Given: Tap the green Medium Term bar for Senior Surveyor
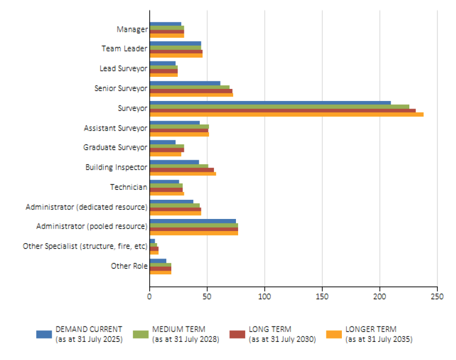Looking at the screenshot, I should pos(189,87).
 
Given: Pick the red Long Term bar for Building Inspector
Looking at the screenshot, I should pos(182,170).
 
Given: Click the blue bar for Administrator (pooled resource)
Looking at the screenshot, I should pos(193,221).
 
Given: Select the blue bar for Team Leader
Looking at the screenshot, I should pos(175,43).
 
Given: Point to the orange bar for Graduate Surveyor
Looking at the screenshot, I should pos(165,154).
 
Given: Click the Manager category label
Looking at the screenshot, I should pos(132,29).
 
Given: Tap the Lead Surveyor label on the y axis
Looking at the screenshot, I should pos(123,69).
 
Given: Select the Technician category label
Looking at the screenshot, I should pos(128,187).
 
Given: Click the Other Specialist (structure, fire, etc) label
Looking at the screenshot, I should pos(85,246).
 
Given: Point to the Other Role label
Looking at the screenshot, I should pos(129,266).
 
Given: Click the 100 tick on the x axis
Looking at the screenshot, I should pos(264,297).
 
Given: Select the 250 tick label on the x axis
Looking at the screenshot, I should pos(437,297).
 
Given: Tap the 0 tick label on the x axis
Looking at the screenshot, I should pos(149,297).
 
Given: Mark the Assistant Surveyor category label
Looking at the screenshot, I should pos(115,128).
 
